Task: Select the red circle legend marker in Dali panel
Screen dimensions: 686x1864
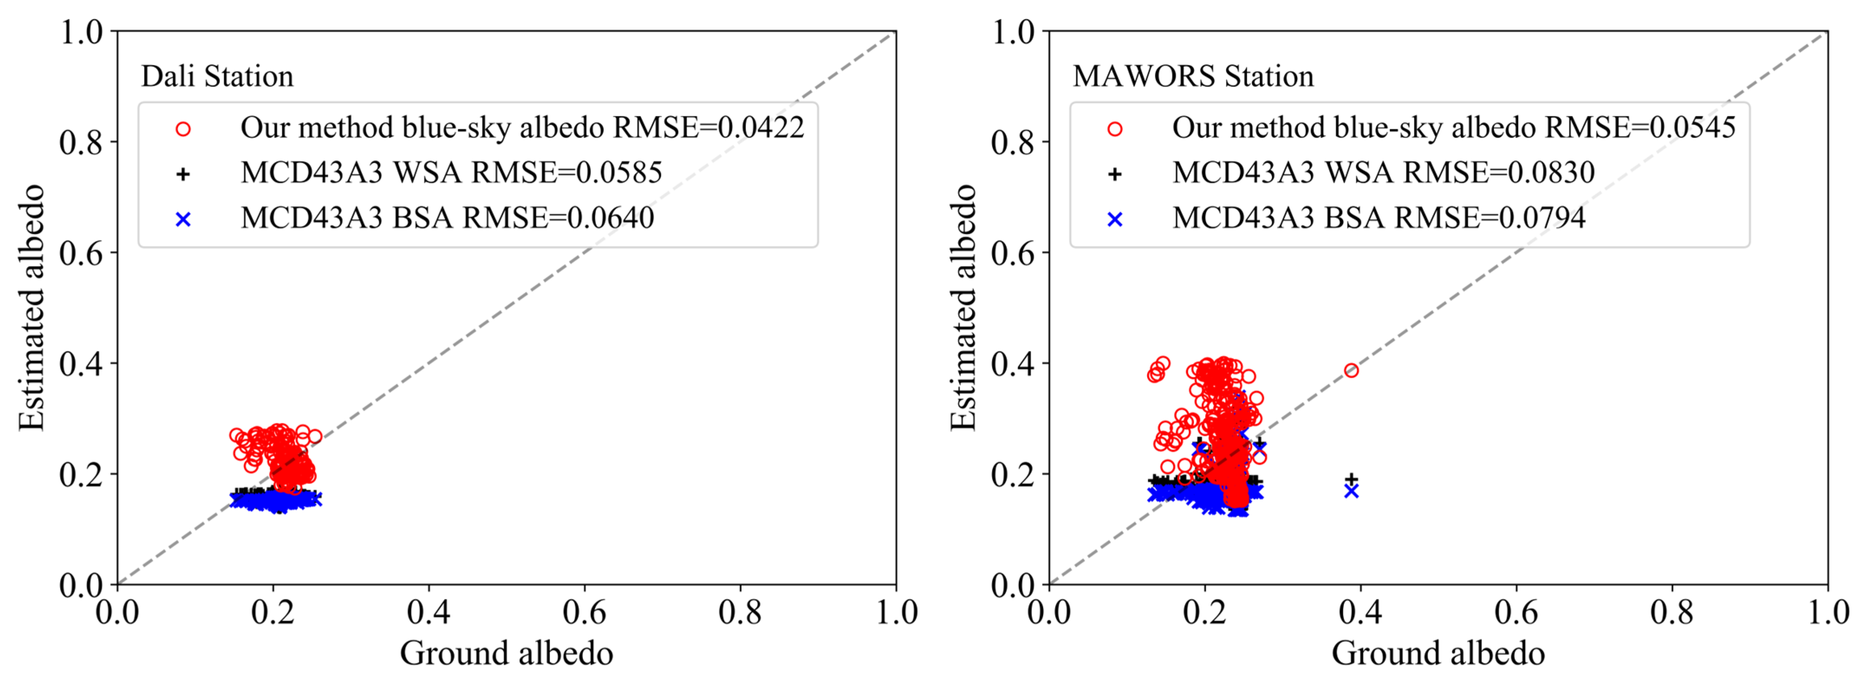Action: point(183,129)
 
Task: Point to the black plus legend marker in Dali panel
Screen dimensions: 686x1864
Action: point(183,174)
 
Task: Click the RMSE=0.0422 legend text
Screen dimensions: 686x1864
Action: point(709,128)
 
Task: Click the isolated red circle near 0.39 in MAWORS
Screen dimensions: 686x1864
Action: point(1351,371)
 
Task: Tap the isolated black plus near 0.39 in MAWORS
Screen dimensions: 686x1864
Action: point(1351,479)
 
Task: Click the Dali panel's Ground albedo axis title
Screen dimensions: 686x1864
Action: point(507,653)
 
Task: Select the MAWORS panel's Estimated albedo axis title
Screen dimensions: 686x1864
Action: point(963,308)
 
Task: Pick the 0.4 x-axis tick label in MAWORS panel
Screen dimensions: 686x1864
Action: point(1360,612)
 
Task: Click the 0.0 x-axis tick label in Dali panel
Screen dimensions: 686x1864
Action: point(117,612)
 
